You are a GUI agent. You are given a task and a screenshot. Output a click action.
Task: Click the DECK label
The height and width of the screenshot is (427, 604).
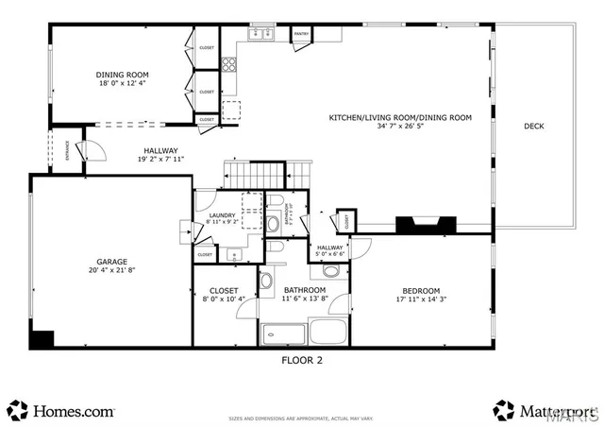point(534,126)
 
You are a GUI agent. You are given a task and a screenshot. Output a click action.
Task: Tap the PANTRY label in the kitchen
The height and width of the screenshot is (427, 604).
point(301,34)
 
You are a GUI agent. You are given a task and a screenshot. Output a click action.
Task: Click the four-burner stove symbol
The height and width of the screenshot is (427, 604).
point(228,64)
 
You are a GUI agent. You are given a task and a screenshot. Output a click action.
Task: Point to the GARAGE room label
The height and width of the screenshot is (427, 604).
point(111,262)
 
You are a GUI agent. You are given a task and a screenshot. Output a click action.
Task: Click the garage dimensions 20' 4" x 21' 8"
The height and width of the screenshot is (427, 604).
point(111,270)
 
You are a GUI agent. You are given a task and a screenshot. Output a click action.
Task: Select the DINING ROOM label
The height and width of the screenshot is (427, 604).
point(122,75)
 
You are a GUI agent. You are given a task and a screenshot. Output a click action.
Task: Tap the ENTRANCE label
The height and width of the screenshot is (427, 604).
point(66,157)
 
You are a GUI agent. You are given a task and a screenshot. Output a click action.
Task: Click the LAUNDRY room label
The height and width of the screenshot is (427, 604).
point(221,216)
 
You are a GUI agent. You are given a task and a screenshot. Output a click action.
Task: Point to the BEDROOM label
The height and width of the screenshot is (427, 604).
point(419,290)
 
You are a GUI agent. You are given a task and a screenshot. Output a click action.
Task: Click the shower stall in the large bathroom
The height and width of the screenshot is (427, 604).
point(283,333)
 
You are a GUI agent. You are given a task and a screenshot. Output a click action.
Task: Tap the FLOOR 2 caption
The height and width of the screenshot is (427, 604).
point(302,360)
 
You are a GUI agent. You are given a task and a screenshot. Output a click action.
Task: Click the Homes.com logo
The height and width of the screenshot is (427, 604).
point(62,411)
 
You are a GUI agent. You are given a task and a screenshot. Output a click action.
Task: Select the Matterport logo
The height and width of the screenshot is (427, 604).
point(543,411)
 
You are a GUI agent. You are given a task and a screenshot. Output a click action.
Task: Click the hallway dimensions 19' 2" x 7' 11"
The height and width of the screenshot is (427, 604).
point(159,159)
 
